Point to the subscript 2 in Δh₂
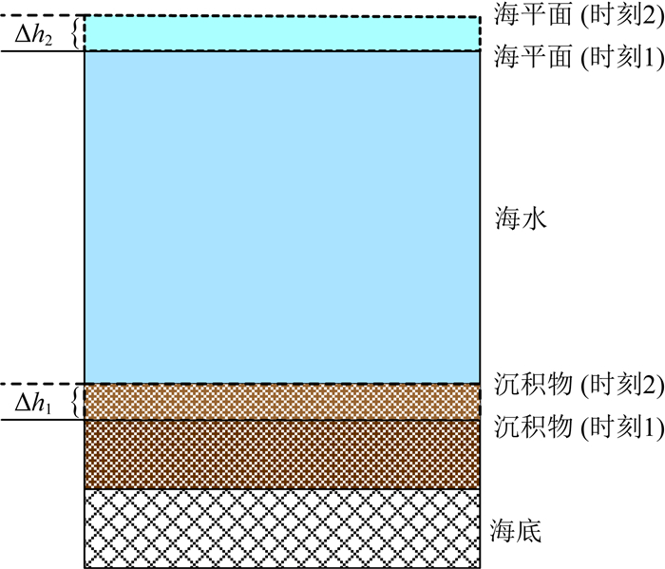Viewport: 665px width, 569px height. coord(51,39)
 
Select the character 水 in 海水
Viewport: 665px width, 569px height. coord(528,218)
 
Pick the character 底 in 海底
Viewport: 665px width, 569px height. coord(528,529)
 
